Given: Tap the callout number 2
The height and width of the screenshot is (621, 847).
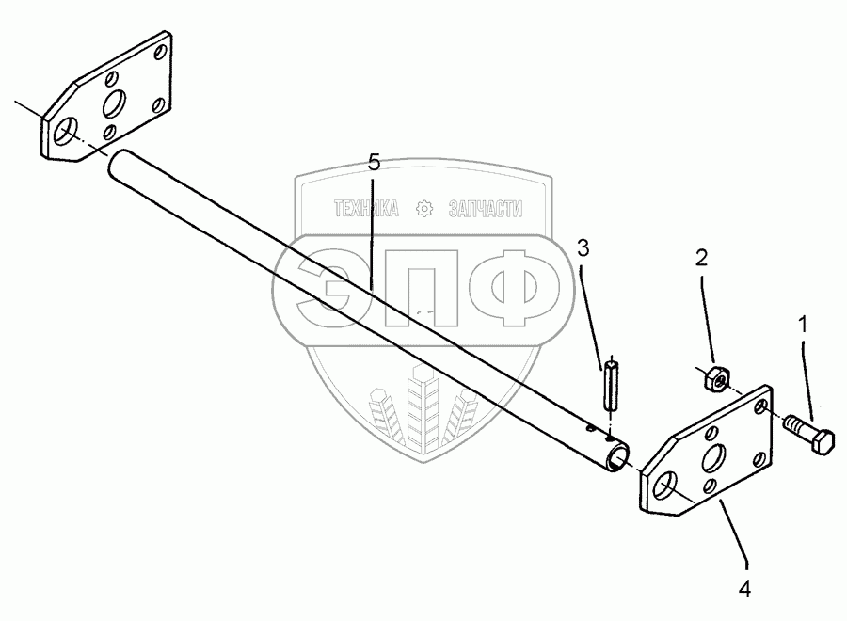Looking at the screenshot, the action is point(701,257).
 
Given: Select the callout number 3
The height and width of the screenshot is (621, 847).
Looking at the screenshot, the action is point(583,248).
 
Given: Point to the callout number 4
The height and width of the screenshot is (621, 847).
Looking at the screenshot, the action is point(745,590).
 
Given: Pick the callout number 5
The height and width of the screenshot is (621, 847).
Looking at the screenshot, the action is point(375,163).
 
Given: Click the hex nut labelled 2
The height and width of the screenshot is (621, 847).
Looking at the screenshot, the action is point(713,378).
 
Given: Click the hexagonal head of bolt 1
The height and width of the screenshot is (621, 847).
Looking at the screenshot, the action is point(819,439).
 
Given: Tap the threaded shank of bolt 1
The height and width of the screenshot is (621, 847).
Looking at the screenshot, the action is point(795,425).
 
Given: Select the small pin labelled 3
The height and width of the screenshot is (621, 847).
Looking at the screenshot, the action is point(609,386).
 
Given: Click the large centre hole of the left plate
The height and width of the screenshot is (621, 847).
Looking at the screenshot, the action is point(119,103).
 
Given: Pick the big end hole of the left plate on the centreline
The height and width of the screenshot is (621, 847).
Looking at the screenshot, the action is point(66,132).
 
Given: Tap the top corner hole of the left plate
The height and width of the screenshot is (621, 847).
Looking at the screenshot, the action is point(161,48).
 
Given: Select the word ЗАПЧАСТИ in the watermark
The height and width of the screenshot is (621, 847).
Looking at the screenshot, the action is point(487,208).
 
